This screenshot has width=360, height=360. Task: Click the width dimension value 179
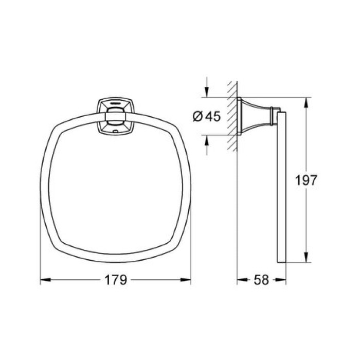tap(116, 280)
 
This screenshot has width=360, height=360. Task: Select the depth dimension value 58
tap(261, 280)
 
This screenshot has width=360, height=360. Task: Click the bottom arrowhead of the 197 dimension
tap(307, 259)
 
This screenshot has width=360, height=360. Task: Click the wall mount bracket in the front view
tap(115, 117)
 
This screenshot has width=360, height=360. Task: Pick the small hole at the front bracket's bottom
tap(115, 131)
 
